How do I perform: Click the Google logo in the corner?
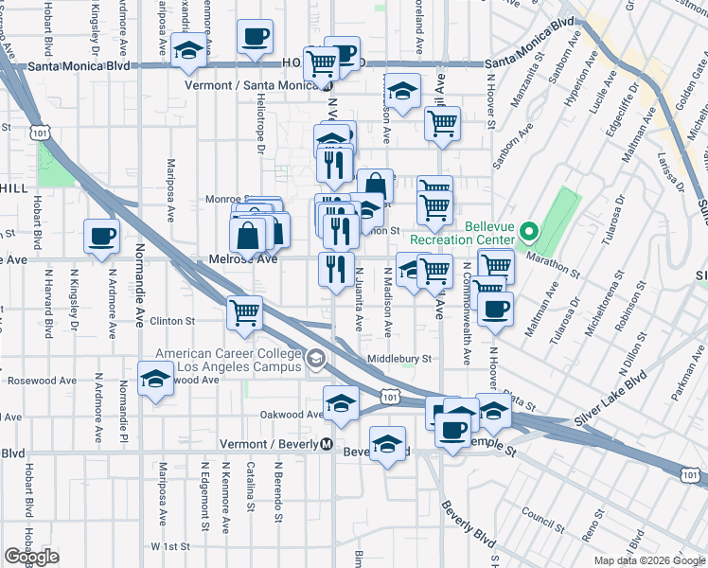(x=32, y=557)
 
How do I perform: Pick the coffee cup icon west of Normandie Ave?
(x=101, y=238)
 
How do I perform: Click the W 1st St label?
(x=170, y=547)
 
